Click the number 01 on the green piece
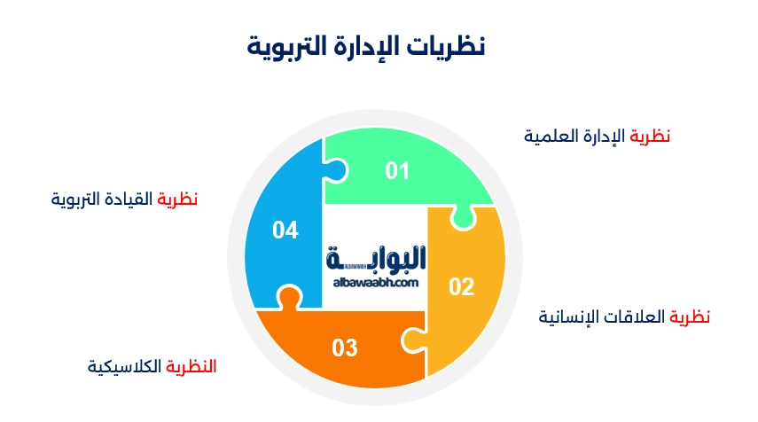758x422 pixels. click(397, 171)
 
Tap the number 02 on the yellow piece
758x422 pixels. click(462, 286)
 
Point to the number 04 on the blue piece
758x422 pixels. click(285, 231)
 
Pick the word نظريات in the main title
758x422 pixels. click(449, 46)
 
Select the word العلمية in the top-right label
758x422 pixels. click(548, 136)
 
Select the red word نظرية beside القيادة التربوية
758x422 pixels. click(177, 199)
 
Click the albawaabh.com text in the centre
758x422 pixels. click(376, 282)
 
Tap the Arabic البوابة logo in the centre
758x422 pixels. click(377, 258)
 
